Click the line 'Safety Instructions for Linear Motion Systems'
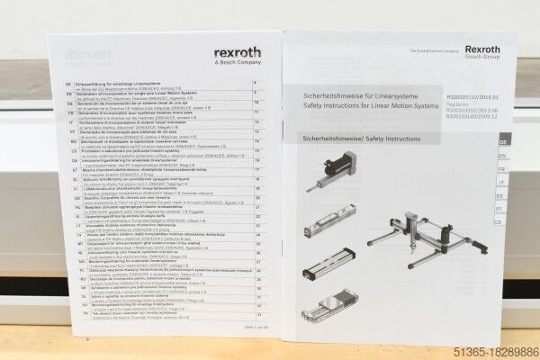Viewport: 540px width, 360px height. (x=368, y=105)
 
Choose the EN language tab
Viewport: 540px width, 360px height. (x=502, y=156)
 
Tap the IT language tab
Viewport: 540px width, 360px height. (x=502, y=182)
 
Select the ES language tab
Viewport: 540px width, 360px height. (x=502, y=195)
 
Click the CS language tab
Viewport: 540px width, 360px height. (x=501, y=221)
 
